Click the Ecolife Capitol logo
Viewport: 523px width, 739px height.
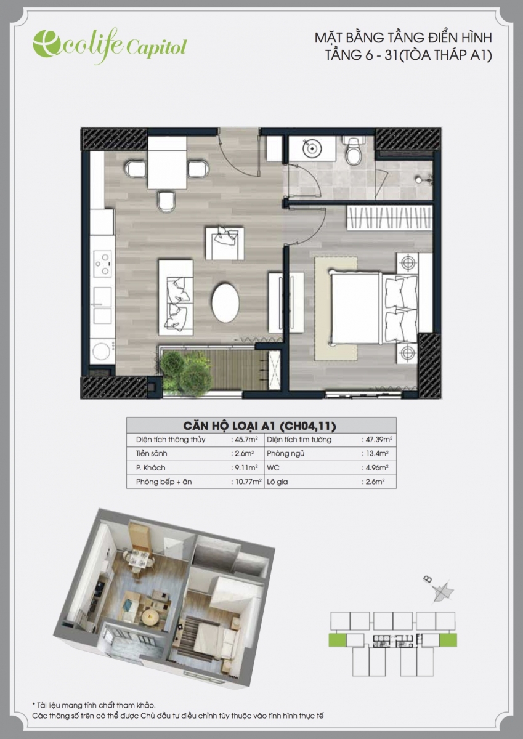coord(110,46)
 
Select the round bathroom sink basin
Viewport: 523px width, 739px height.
coord(312,148)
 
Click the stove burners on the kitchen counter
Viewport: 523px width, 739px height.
coord(102,264)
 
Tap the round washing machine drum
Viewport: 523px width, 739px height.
coord(101,352)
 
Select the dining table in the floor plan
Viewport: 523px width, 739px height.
coord(167,163)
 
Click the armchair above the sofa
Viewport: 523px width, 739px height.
coord(225,243)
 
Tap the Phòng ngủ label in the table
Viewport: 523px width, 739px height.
coord(285,454)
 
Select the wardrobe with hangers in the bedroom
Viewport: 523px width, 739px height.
coord(389,218)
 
